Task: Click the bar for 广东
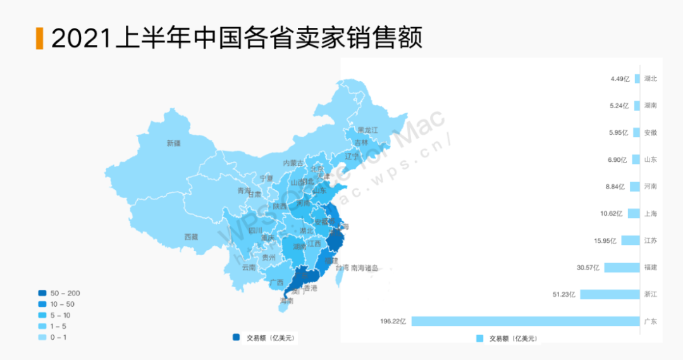pos(526,321)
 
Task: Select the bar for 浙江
pos(610,294)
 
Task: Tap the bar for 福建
pos(622,268)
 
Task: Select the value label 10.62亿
pos(612,214)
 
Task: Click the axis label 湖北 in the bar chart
pos(650,79)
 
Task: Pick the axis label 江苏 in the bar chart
pos(650,240)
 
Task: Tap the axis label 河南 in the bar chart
pos(650,187)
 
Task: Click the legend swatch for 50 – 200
pos(42,293)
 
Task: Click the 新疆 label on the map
pos(174,144)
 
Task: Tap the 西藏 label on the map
pos(191,237)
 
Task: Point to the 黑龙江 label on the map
pos(367,130)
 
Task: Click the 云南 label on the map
pos(249,268)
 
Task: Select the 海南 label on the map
pos(286,301)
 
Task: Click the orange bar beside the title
pos(39,38)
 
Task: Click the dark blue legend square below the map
pos(236,338)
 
